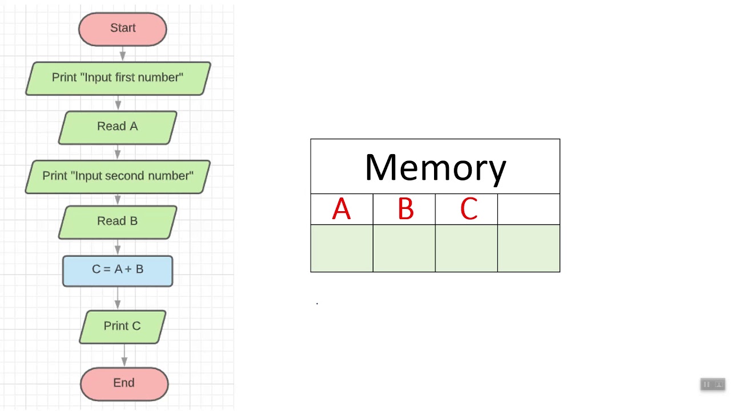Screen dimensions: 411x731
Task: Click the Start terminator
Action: [122, 29]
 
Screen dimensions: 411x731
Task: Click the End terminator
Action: [124, 383]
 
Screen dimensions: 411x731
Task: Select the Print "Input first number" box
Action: [118, 78]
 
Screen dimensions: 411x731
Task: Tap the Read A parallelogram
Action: [118, 127]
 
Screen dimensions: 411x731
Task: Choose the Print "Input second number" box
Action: [118, 176]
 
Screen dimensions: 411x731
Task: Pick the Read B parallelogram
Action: [118, 221]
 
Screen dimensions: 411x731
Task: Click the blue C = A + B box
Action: [118, 270]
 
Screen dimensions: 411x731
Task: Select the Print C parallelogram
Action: [122, 327]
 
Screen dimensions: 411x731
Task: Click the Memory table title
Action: [435, 167]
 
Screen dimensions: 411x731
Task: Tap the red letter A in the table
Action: [342, 209]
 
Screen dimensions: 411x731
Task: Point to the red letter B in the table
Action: [405, 209]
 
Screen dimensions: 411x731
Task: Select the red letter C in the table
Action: [468, 209]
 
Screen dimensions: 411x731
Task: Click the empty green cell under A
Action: [342, 248]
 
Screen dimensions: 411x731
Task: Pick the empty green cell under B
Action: [404, 248]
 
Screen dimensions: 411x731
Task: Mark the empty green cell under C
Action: [466, 248]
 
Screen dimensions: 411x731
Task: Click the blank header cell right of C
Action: [529, 209]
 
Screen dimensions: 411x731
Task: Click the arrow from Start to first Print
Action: [123, 54]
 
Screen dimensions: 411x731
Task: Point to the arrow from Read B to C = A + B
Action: [118, 247]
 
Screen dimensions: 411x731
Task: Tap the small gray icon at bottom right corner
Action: [713, 384]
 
